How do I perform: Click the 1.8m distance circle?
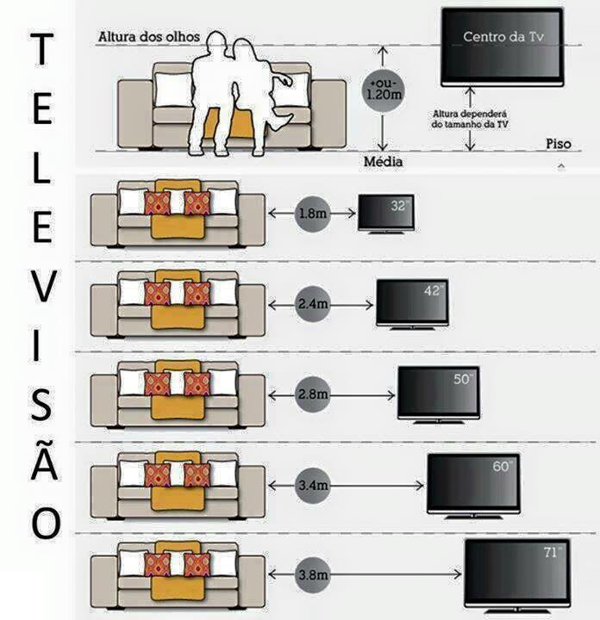point(313,214)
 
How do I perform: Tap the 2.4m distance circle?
point(313,304)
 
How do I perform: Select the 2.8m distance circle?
point(313,394)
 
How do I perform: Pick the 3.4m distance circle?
point(313,485)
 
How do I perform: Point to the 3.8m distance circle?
point(313,574)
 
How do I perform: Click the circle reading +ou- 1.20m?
point(383,90)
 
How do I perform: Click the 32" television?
point(386,214)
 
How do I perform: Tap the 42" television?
point(412,305)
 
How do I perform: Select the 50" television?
point(439,395)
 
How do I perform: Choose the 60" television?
point(473,486)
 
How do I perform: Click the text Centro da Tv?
point(503,37)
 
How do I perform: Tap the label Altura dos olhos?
point(149,37)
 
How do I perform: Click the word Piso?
point(559,144)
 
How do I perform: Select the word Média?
point(383,161)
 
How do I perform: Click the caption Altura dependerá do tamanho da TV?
point(470,119)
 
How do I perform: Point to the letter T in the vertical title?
point(41,49)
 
